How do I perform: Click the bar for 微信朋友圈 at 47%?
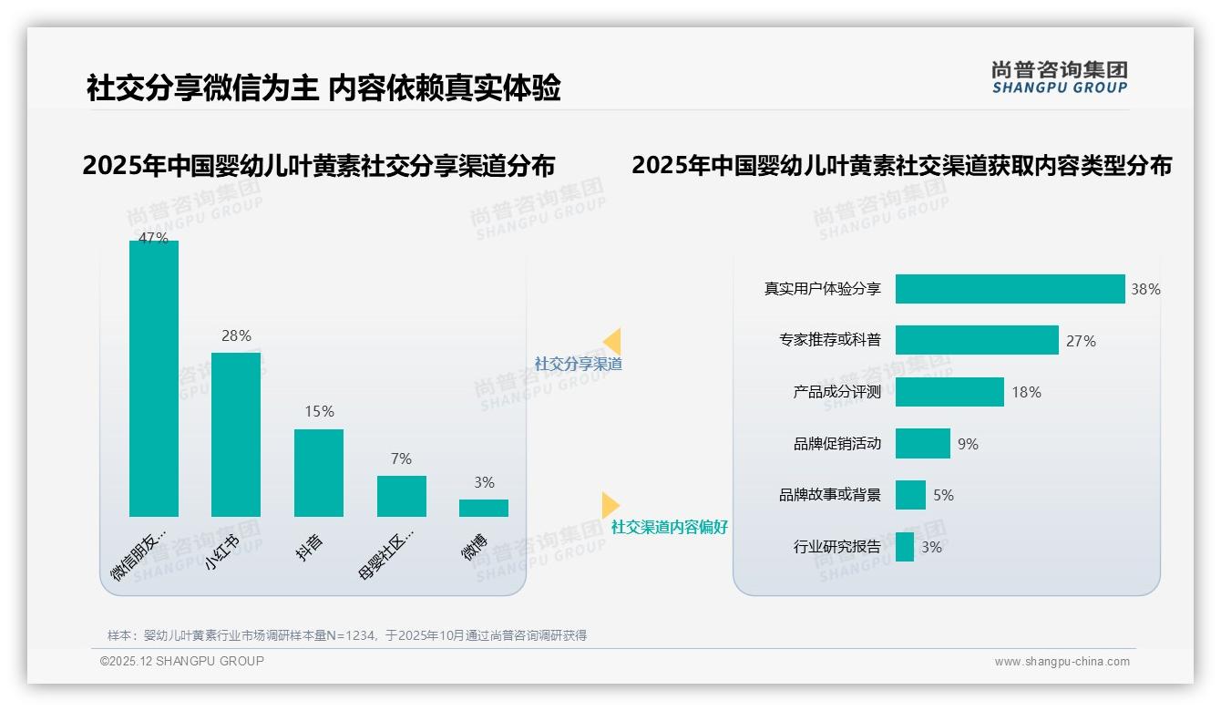click(154, 378)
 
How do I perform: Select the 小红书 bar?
click(236, 434)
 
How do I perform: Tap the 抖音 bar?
click(319, 472)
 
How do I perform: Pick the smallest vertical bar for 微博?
click(484, 508)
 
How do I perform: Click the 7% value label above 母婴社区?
click(401, 459)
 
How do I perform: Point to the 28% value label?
click(236, 335)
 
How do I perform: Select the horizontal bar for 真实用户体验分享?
click(1010, 289)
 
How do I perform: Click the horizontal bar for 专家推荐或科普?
click(977, 340)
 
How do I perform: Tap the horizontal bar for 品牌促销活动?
click(922, 444)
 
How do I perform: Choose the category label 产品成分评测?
click(836, 392)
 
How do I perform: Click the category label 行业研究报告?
click(836, 547)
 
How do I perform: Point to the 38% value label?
click(1145, 289)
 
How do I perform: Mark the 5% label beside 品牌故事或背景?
click(943, 495)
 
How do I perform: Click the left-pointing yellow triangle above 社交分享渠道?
click(612, 342)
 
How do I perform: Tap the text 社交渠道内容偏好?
click(670, 527)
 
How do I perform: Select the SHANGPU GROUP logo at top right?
click(1060, 77)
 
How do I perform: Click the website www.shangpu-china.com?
click(1062, 662)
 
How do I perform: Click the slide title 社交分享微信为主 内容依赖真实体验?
click(323, 88)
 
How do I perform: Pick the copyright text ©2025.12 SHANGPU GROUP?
click(182, 661)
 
